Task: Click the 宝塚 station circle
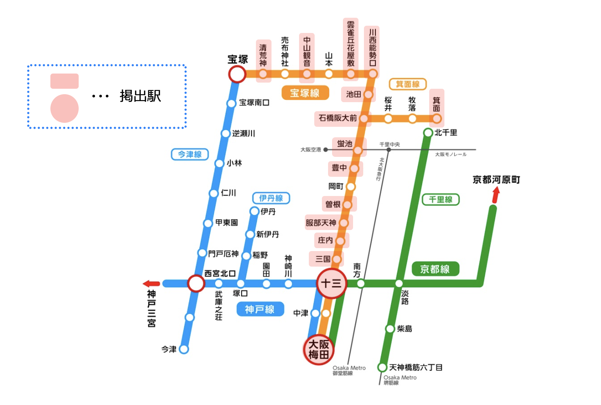coord(237,74)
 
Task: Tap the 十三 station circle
coord(331,283)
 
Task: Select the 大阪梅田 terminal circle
coord(318,349)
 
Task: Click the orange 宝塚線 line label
coord(305,93)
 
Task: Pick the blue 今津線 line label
coord(190,154)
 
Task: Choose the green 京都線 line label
coord(435,269)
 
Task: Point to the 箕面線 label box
coord(407,84)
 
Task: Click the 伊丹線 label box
coord(271,198)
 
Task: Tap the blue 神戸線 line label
coord(260,309)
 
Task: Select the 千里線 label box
coord(440,200)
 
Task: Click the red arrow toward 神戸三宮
coord(152,284)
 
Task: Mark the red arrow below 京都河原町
coord(496,195)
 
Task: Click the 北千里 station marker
coord(428,133)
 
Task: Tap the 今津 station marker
coord(184,349)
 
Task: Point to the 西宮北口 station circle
coord(196,283)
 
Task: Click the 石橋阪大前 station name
coord(337,118)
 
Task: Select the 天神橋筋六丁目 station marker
coord(382,367)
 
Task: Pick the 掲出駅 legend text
coord(140,96)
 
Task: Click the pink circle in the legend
coord(65,108)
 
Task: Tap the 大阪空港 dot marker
coord(326,150)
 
